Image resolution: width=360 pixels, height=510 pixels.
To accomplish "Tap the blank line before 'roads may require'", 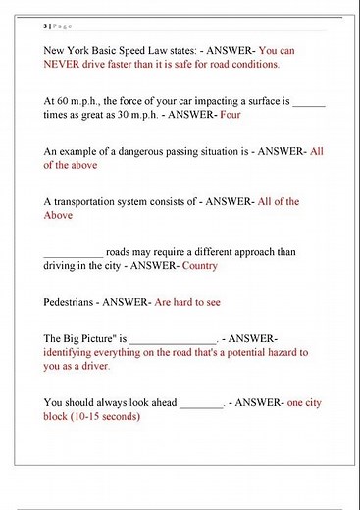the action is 73,252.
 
